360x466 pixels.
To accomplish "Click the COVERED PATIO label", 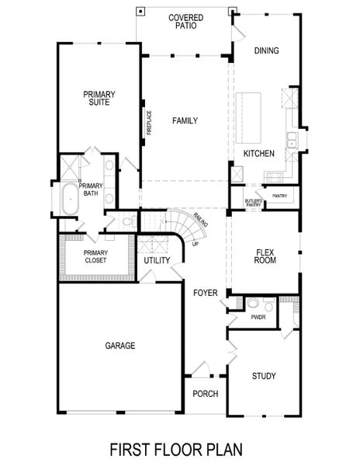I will (x=185, y=20).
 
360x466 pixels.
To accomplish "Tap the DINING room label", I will (x=266, y=51).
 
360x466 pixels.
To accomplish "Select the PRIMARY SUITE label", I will (x=99, y=98).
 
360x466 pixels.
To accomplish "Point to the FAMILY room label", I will (x=185, y=120).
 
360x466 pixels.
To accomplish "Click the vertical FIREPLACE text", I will (x=149, y=123).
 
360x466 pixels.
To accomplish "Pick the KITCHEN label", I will (x=259, y=154).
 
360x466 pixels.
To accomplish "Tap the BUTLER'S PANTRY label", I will (x=253, y=203).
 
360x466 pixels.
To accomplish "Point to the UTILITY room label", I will (x=157, y=261).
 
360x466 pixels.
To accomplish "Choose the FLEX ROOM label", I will (x=265, y=256).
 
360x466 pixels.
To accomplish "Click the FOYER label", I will (x=205, y=292).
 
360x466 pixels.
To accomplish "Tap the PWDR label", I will (x=258, y=318).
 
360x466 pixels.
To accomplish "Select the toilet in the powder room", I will (x=253, y=304).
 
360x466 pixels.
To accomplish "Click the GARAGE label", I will (x=120, y=346).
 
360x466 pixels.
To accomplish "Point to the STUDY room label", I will (x=264, y=377).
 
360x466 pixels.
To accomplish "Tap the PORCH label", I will (x=206, y=394).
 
